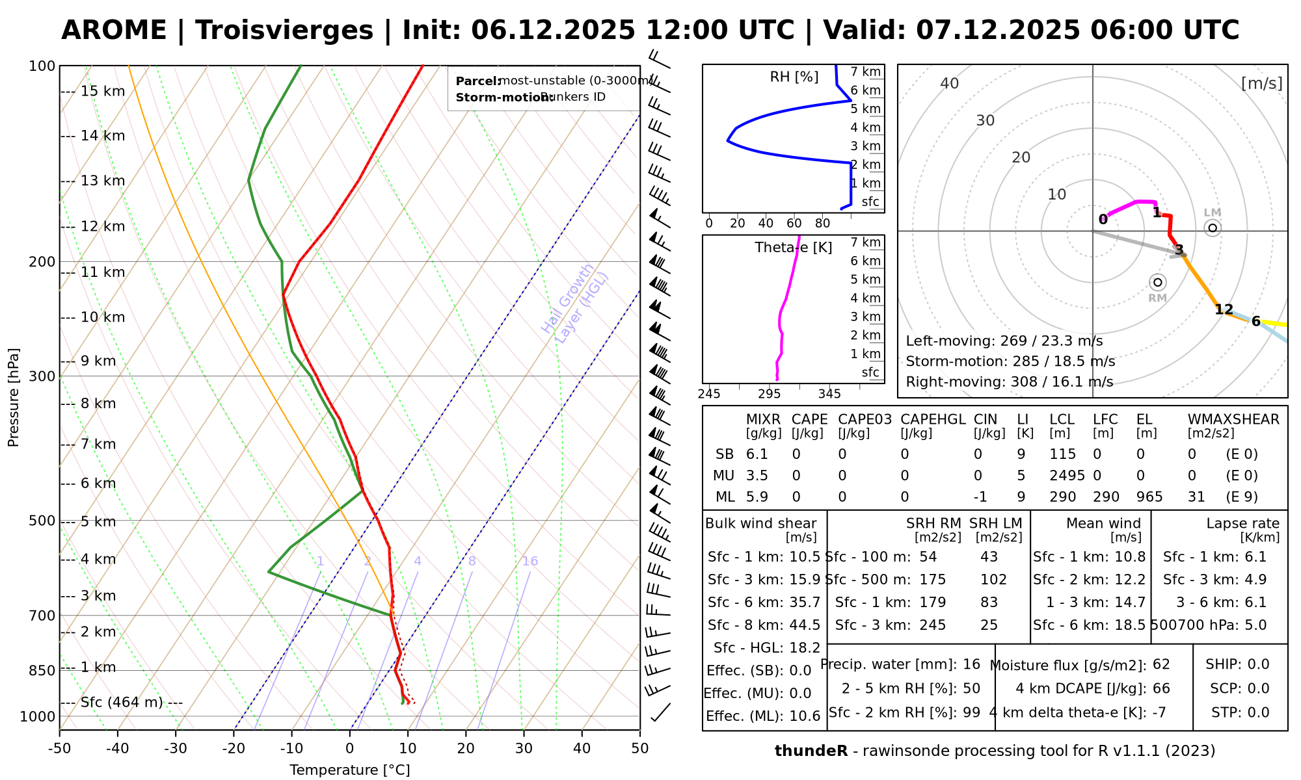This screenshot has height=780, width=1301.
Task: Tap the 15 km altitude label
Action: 103,91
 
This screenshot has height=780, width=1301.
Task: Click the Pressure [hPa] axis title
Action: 14,397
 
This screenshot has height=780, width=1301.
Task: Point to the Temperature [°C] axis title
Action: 349,770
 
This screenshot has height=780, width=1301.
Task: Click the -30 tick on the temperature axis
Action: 176,748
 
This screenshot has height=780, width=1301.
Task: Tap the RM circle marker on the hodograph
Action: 1157,282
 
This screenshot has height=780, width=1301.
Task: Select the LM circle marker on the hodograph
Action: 1212,227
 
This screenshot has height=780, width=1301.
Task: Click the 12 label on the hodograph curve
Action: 1224,309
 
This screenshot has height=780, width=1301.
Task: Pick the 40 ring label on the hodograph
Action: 950,83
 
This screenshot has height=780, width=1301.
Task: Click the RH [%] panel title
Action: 794,77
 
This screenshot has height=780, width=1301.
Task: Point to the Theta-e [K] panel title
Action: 793,248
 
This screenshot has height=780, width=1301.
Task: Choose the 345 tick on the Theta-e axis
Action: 829,394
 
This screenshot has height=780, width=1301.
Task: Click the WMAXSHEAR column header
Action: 1233,419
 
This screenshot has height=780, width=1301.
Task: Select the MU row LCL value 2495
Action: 1067,476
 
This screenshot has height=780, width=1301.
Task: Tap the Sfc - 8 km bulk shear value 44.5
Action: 803,625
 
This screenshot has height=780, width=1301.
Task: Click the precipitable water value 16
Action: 971,664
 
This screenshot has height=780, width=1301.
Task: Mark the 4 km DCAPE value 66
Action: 1161,688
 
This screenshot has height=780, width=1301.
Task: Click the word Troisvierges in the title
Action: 284,31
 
